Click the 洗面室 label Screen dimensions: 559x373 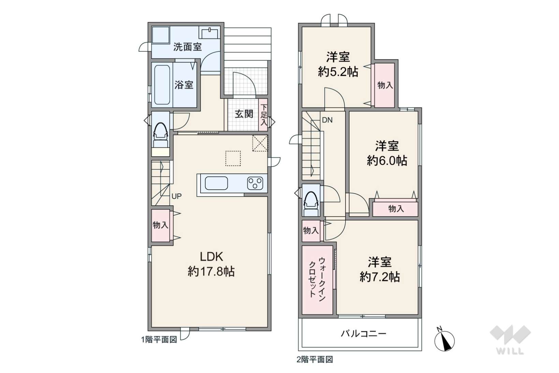(x=188, y=47)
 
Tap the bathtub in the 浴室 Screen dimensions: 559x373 (x=162, y=85)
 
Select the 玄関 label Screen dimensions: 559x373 (x=244, y=114)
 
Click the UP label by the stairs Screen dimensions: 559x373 (x=176, y=197)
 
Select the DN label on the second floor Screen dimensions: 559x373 (x=327, y=120)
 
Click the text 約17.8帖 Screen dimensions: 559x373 (x=211, y=272)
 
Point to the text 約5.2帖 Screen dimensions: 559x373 (x=338, y=72)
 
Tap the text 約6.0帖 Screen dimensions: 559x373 (x=387, y=161)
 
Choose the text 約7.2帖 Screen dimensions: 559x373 (x=380, y=277)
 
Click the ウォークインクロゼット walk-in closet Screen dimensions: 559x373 (x=318, y=280)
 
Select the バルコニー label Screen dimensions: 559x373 (x=364, y=333)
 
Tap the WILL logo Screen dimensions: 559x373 (x=510, y=340)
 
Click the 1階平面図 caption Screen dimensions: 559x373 (x=159, y=340)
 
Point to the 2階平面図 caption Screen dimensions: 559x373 (x=315, y=360)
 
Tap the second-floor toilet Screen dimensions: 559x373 (x=311, y=203)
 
